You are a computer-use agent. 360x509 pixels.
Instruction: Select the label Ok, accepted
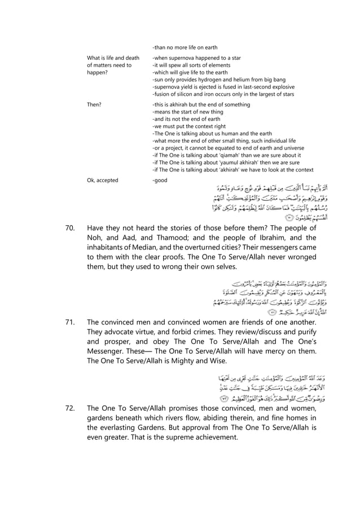pyautogui.click(x=102, y=180)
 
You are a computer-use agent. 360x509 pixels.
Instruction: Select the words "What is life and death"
pyautogui.click(x=113, y=58)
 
